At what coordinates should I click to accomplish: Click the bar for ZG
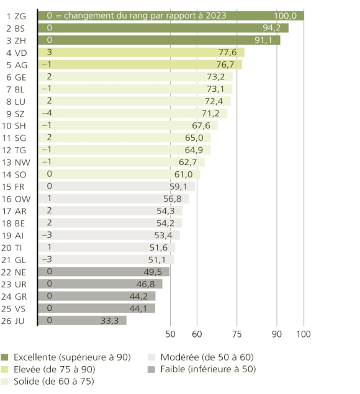coord(171,15)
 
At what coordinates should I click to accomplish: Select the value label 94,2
coord(268,28)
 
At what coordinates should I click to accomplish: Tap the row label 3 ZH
coord(17,40)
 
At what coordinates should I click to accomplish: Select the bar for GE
coord(135,77)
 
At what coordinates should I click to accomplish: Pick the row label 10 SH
coord(17,126)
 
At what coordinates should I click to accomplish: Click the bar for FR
coord(116,186)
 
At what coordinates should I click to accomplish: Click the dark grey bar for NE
coord(103,272)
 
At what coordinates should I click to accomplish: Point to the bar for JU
coord(82,320)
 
